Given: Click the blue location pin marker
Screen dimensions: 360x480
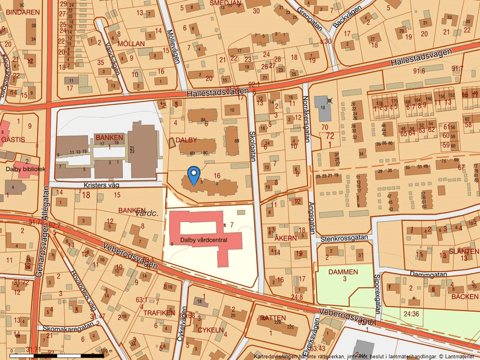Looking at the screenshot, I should (194, 173).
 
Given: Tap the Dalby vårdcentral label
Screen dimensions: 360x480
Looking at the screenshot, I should (204, 239).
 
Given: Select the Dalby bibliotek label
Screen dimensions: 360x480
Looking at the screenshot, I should (26, 169).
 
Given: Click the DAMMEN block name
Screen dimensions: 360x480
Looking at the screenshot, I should (343, 272).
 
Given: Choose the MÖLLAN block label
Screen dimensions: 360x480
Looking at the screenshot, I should (130, 44).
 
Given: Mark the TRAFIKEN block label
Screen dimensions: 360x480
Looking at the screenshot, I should (159, 312).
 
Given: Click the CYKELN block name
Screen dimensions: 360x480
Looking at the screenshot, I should (211, 330).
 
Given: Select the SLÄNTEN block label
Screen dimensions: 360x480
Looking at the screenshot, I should (464, 251).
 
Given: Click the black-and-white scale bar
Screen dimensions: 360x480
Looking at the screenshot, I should (56, 354).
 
